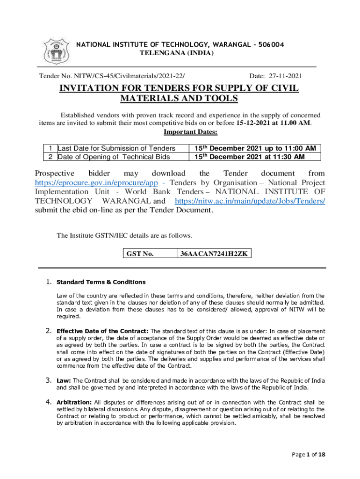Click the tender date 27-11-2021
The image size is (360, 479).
point(286,76)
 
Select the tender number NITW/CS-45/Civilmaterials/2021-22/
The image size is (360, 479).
point(115,76)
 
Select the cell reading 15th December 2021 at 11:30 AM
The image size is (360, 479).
point(250,157)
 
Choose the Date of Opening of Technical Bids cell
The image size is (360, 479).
point(114,157)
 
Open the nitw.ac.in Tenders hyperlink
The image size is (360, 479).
point(250,201)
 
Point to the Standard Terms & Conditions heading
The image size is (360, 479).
point(101,282)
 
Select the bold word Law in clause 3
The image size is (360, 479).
point(64,380)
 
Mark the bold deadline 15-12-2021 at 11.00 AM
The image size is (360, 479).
point(273,123)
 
